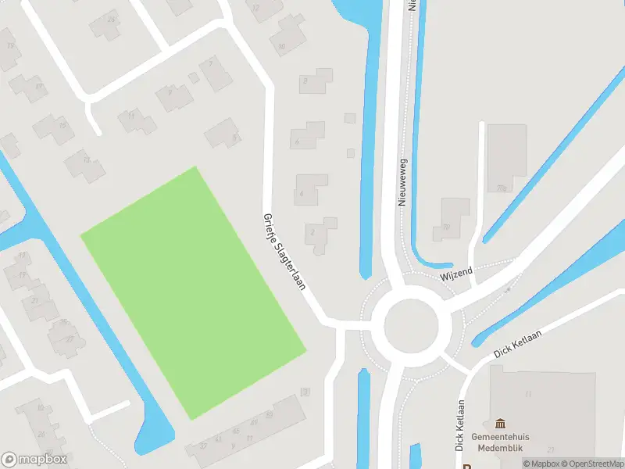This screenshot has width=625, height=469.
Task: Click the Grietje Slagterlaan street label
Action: pos(283,252)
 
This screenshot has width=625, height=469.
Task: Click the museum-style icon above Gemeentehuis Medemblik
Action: pos(500,423)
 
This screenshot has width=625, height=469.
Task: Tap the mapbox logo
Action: pos(34,460)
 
